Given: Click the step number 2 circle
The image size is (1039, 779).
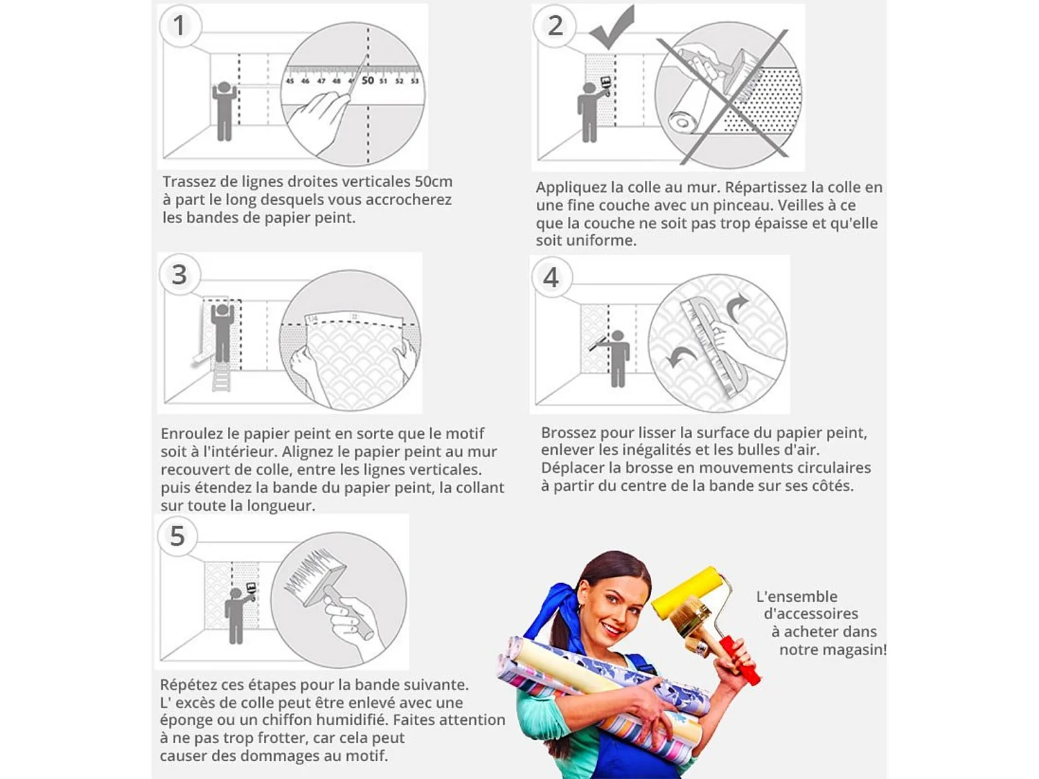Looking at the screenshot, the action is pyautogui.click(x=555, y=26).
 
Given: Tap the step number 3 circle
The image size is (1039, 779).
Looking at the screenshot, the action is pyautogui.click(x=179, y=275).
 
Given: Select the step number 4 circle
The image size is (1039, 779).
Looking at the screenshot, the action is pyautogui.click(x=551, y=278).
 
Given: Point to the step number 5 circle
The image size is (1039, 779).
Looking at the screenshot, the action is pyautogui.click(x=177, y=536).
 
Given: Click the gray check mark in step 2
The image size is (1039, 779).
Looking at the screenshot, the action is pyautogui.click(x=612, y=28).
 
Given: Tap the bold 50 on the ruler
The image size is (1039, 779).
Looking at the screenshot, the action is pyautogui.click(x=368, y=80).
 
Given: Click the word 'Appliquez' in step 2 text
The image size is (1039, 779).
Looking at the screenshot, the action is pyautogui.click(x=571, y=187).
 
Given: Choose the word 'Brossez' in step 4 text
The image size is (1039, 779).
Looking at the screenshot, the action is pyautogui.click(x=567, y=433).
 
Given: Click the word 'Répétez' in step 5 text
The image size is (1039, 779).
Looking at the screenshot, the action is pyautogui.click(x=187, y=684).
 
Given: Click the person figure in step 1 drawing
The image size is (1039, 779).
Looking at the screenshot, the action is pyautogui.click(x=224, y=111).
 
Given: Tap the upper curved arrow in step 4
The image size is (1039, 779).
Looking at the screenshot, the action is pyautogui.click(x=736, y=307).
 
